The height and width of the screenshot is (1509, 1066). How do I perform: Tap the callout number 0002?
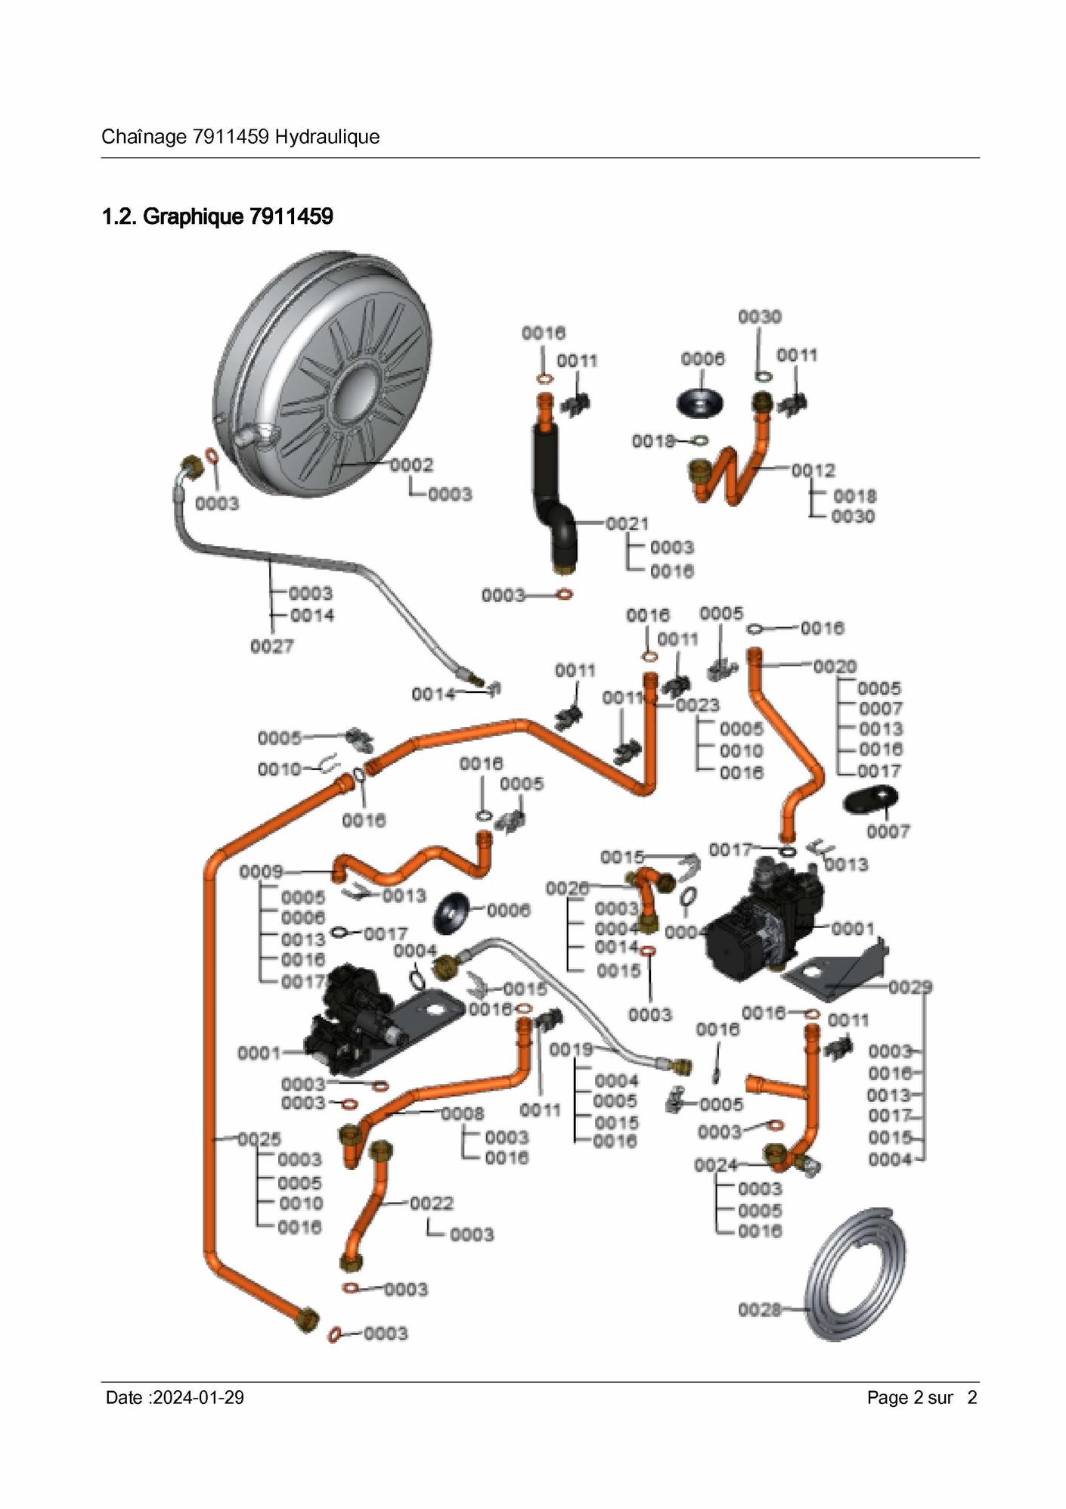411,465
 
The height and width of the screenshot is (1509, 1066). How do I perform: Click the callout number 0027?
271,647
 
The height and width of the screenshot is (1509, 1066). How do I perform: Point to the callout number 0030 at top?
760,317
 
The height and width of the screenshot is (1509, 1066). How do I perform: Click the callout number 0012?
813,470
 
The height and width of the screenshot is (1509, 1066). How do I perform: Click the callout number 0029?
910,987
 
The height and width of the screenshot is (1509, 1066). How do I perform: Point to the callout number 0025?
259,1139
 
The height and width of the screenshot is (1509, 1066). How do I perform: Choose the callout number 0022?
432,1203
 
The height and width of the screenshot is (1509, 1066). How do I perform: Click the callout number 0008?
462,1113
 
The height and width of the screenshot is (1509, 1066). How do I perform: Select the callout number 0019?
571,1050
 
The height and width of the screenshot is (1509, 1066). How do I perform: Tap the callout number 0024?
715,1166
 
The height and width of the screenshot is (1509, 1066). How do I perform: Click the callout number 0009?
261,872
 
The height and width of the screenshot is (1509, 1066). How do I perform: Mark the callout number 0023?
697,706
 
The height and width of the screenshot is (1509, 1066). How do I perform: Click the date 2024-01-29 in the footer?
198,1398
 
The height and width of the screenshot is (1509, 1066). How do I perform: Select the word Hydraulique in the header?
327,137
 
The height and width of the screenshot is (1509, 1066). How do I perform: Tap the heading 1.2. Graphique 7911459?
218,217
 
